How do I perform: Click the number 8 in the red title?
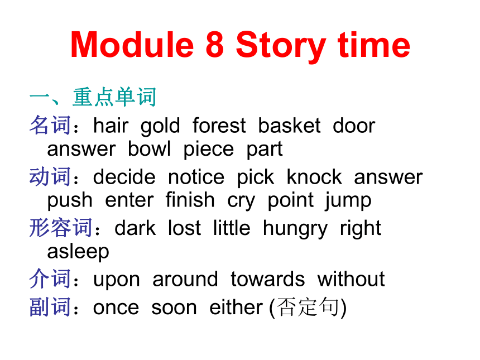click(214, 45)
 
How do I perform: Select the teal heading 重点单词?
click(115, 97)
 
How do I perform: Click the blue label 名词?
click(50, 125)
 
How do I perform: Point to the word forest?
click(219, 126)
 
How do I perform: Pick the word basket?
click(289, 126)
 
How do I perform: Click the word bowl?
click(149, 149)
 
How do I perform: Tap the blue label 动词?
click(50, 176)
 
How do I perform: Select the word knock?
click(314, 177)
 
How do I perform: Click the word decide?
click(124, 177)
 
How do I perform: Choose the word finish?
click(190, 200)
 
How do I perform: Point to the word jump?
click(348, 201)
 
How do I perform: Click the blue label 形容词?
click(61, 228)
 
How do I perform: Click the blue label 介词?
click(50, 279)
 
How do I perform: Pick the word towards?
click(268, 279)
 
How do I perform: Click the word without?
click(351, 279)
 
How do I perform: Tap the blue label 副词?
click(50, 307)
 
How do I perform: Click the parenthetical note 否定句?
click(308, 307)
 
